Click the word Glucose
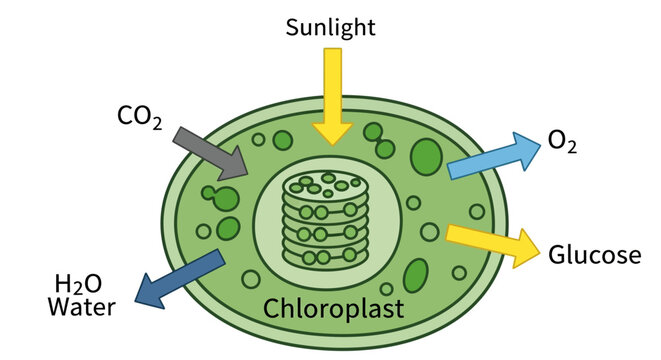pos(594,255)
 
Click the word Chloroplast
pos(333,308)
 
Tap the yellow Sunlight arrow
pos(331,90)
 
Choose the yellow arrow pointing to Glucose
pos(491,243)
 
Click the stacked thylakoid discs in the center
pos(322,221)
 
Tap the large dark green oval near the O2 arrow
pos(427,157)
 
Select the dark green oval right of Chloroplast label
pos(416,276)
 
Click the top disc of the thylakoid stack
pos(322,185)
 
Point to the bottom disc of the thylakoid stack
pos(322,257)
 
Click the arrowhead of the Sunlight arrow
pos(331,132)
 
